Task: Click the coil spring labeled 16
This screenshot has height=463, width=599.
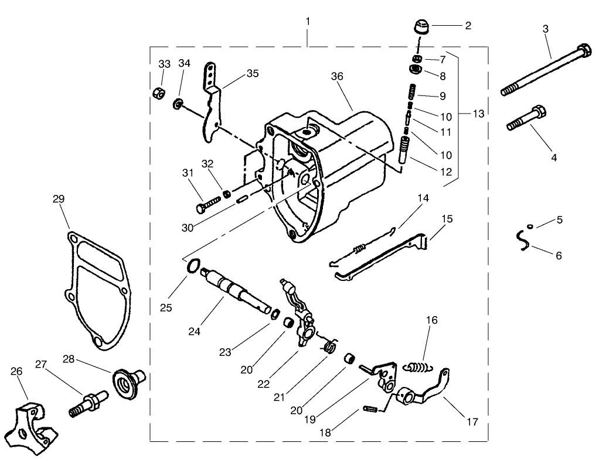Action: tap(417, 367)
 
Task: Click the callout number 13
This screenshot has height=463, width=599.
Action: tap(478, 114)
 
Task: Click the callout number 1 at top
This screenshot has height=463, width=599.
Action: tap(308, 21)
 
